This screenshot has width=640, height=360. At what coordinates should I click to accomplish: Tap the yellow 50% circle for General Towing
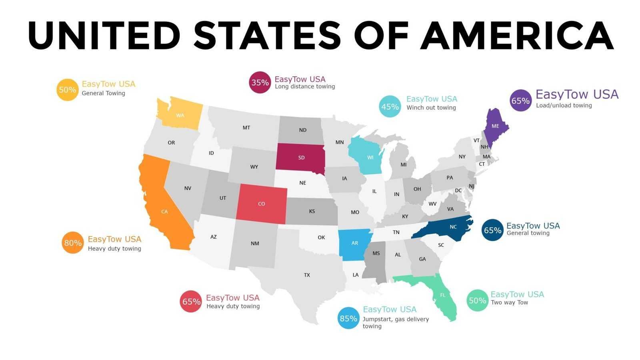[67, 90]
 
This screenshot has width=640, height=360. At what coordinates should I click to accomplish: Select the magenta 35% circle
[260, 82]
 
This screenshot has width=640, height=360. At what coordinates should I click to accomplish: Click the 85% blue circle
[348, 318]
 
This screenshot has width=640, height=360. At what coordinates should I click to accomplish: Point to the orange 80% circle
[73, 243]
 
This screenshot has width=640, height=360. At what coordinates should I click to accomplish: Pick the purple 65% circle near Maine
[521, 101]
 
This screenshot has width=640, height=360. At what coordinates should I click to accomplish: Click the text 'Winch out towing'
[431, 108]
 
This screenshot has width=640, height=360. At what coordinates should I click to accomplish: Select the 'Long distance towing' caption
[305, 86]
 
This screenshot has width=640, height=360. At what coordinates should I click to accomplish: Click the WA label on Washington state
[180, 116]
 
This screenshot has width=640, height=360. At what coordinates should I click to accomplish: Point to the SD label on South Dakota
[301, 158]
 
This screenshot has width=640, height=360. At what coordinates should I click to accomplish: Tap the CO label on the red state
[261, 204]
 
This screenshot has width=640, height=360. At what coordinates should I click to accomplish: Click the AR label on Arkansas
[354, 243]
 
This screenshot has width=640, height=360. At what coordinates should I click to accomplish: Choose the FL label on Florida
[442, 295]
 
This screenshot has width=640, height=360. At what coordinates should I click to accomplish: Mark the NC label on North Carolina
[453, 227]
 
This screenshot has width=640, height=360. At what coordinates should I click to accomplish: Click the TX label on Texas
[307, 275]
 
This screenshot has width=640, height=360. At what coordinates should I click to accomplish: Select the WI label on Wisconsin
[370, 158]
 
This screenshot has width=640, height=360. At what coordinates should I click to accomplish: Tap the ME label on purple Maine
[495, 126]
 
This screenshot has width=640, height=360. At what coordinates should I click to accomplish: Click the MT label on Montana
[246, 128]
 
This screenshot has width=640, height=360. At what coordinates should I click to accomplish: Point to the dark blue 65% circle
[492, 230]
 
